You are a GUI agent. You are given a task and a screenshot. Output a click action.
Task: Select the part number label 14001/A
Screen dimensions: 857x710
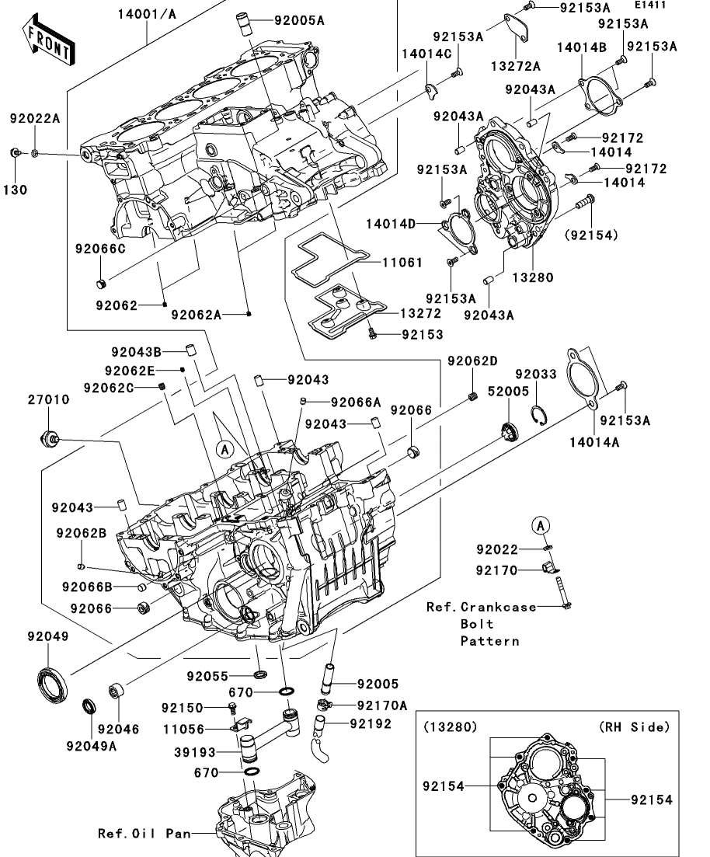[147, 13]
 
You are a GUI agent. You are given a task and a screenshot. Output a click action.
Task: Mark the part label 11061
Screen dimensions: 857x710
[402, 263]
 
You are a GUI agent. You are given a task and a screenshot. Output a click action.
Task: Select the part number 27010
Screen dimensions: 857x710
[49, 399]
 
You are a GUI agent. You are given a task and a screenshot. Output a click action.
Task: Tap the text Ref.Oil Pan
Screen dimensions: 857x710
[144, 834]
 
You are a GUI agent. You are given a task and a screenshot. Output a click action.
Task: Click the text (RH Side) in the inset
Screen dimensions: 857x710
[634, 727]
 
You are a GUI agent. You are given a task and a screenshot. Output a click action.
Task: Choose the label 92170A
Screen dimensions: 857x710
[381, 705]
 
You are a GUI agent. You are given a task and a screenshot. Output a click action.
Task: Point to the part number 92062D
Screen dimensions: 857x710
[472, 361]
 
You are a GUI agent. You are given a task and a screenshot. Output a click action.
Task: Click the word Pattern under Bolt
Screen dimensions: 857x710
[489, 641]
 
